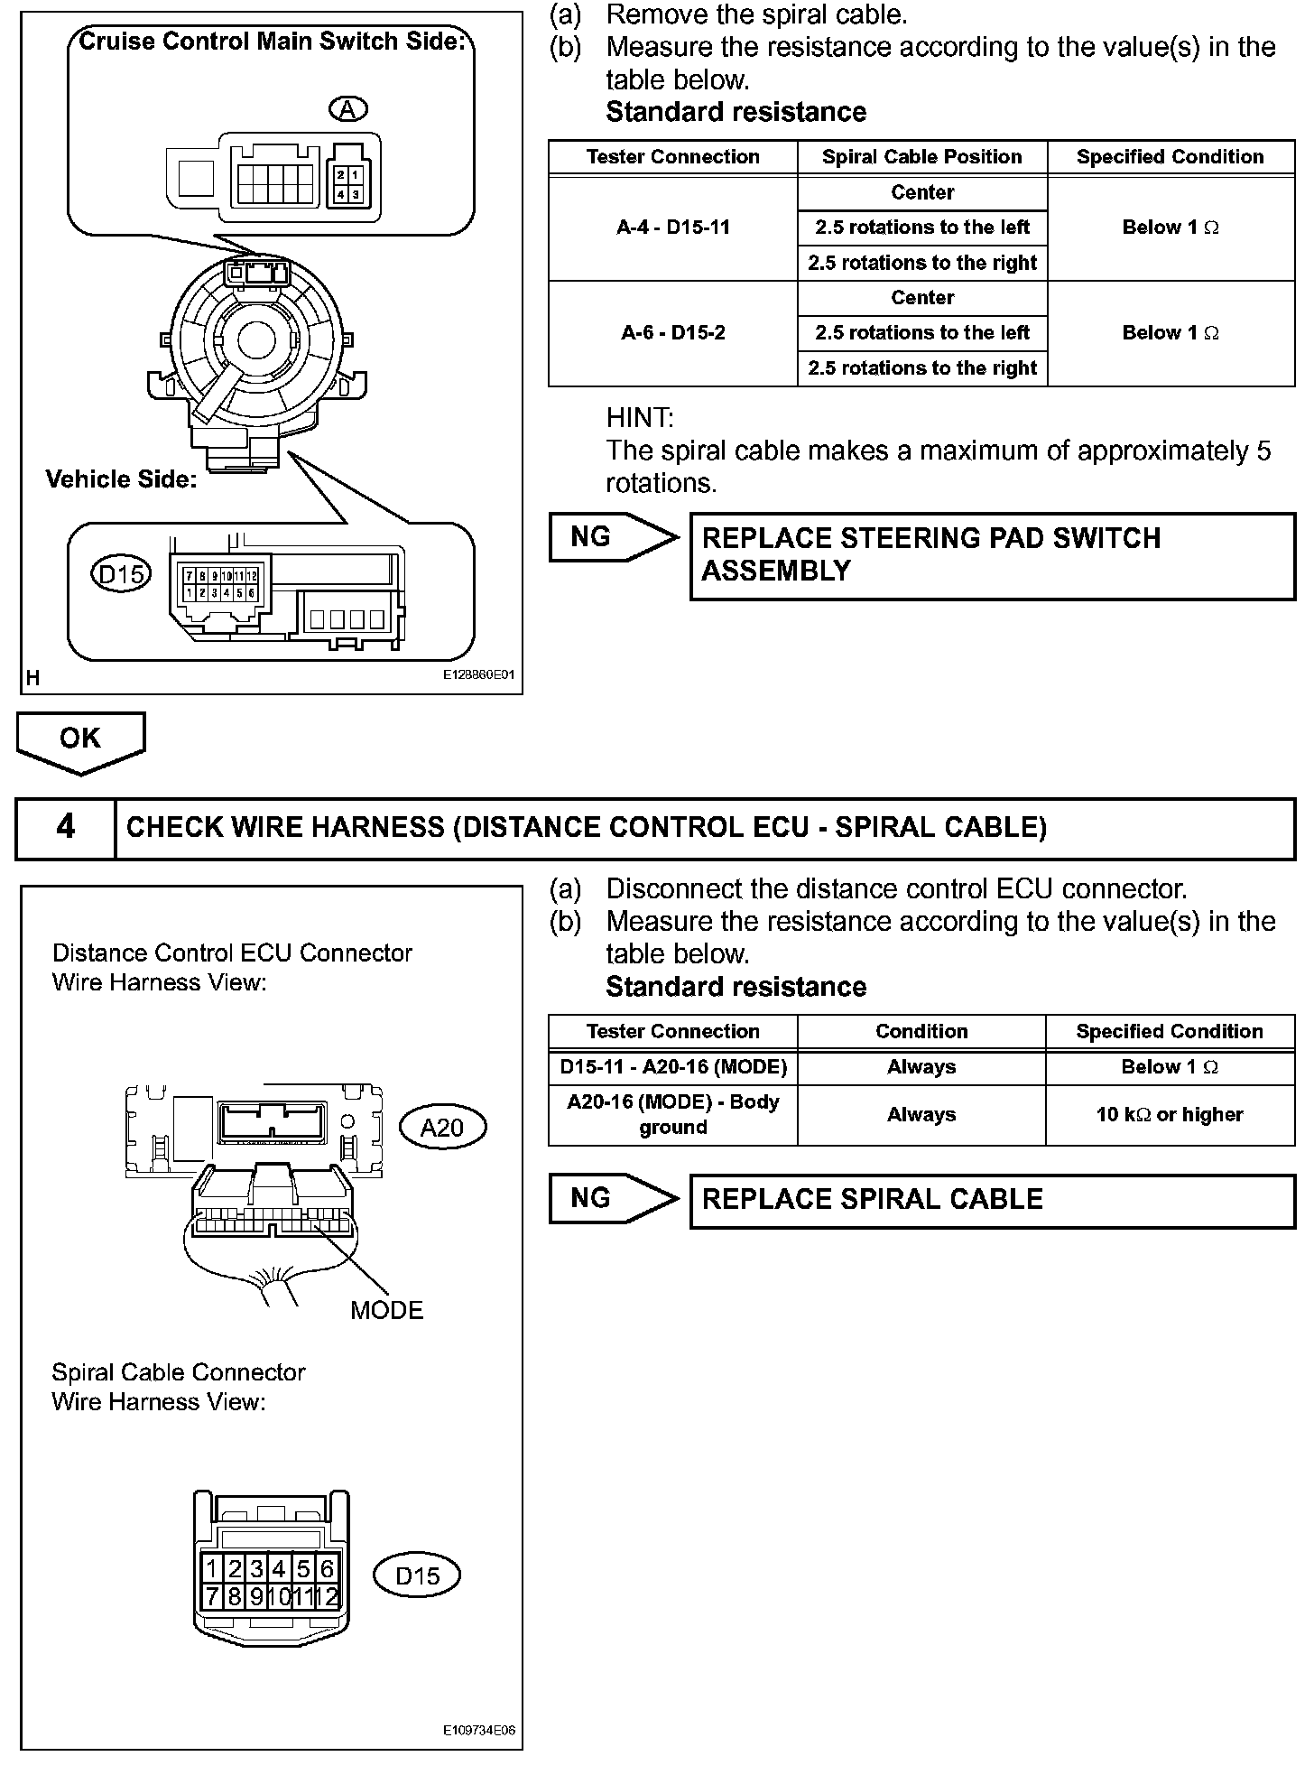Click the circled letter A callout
click(347, 109)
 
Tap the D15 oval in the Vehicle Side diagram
click(122, 573)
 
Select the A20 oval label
click(442, 1127)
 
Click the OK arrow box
click(80, 739)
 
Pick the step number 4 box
click(66, 827)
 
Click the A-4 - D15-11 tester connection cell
click(673, 228)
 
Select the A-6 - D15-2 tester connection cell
click(673, 333)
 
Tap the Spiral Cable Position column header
click(921, 157)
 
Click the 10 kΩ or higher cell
click(1170, 1115)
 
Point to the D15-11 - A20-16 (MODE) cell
click(673, 1067)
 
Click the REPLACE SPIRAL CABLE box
click(992, 1200)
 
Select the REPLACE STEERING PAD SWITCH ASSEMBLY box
click(992, 554)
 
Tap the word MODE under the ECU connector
click(386, 1310)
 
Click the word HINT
click(640, 418)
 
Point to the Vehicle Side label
click(121, 479)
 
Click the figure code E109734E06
click(478, 1731)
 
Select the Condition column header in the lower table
click(921, 1032)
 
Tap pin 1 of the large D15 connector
click(212, 1568)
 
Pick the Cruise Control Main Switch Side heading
click(272, 41)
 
